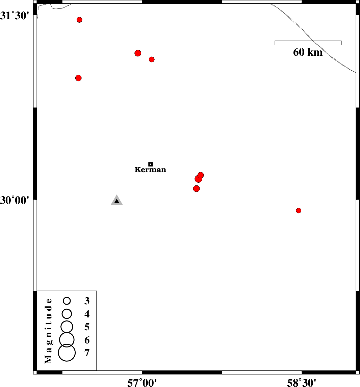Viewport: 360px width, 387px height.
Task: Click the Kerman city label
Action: click(150, 170)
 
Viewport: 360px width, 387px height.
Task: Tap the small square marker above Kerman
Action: click(151, 164)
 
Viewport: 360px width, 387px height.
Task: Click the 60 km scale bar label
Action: click(308, 52)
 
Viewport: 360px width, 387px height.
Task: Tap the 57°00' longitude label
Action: click(142, 383)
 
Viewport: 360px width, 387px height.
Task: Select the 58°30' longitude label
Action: click(302, 383)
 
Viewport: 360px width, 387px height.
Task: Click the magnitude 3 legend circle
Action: click(67, 301)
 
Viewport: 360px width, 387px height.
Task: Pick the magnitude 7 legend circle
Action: click(67, 353)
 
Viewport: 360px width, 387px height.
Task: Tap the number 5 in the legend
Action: click(87, 327)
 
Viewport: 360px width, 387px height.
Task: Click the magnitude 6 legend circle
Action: click(67, 340)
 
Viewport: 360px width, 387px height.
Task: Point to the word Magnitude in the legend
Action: click(48, 331)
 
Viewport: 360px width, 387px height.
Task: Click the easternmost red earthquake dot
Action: click(299, 210)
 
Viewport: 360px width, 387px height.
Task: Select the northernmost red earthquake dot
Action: click(79, 20)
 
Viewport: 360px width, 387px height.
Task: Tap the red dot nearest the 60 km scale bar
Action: click(152, 59)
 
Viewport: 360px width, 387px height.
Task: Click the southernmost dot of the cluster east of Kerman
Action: click(197, 188)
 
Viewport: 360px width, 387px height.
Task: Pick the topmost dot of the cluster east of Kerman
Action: click(201, 175)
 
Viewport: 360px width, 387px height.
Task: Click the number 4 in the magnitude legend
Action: click(87, 314)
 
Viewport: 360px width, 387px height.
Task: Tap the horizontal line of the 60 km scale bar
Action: click(308, 41)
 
